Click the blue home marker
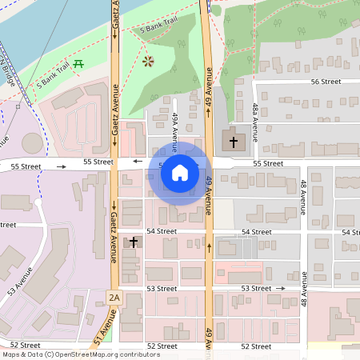[180, 172]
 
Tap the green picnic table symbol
[78, 63]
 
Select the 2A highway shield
[114, 298]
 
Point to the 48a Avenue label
[255, 120]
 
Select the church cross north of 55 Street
[234, 142]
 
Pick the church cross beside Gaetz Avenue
[134, 241]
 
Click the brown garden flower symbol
[147, 61]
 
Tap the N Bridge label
[8, 73]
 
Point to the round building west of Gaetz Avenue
[33, 144]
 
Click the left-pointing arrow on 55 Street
[138, 162]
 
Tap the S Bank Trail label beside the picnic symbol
[54, 78]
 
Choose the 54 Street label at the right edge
[352, 231]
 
